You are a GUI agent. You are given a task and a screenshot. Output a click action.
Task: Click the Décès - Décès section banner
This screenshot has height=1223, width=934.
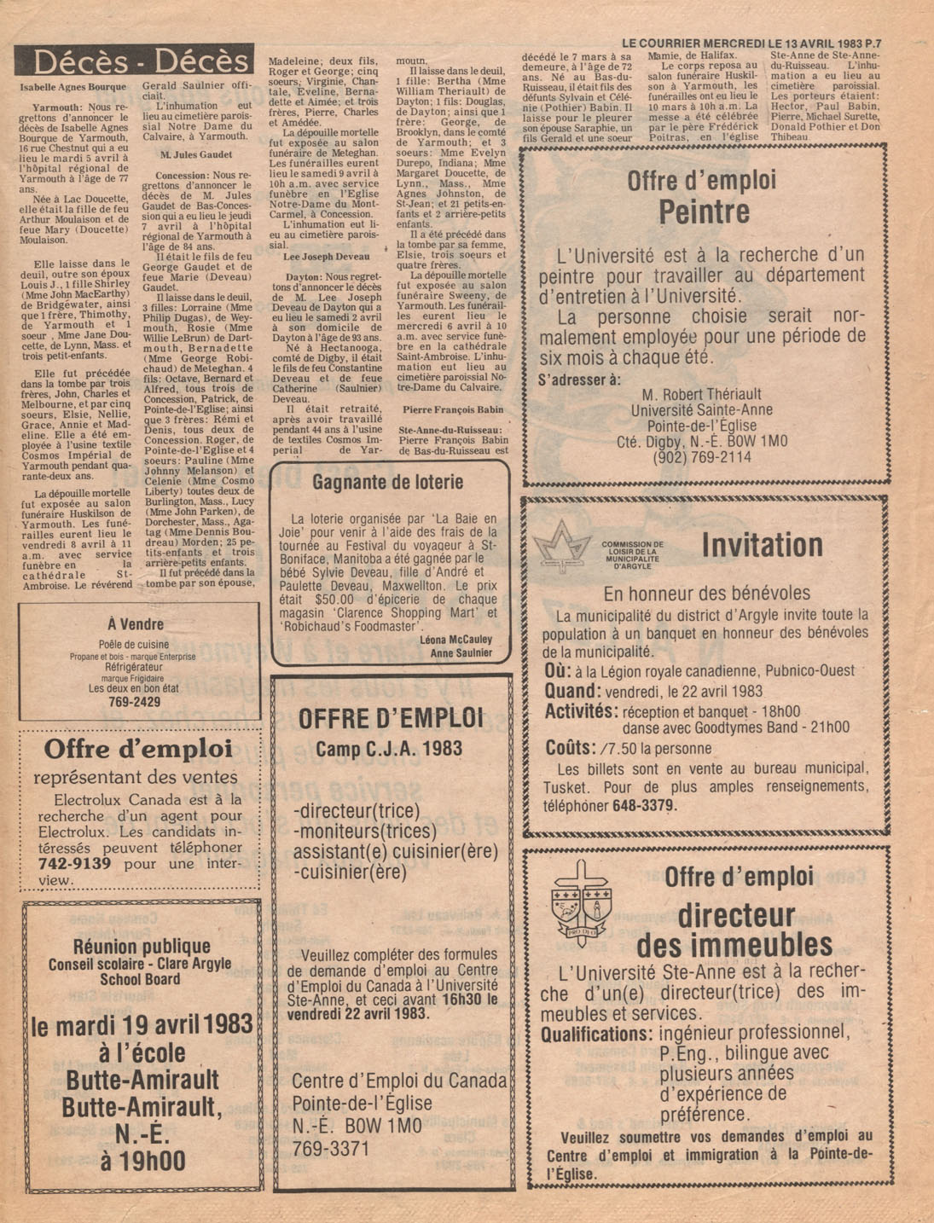[x=135, y=61]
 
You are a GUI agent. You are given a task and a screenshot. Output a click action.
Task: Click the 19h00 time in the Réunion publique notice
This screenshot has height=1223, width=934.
[x=142, y=1161]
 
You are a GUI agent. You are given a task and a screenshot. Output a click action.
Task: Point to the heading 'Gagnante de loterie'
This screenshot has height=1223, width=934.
[x=388, y=483]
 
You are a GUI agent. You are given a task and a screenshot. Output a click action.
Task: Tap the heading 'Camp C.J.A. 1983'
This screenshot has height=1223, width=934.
[x=389, y=749]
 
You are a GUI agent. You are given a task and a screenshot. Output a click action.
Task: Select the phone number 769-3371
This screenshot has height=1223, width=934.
[x=331, y=1148]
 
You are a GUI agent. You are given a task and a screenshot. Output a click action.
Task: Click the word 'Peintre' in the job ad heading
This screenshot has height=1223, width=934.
[x=704, y=212]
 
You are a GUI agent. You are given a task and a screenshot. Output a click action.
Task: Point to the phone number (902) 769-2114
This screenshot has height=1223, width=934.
[x=702, y=457]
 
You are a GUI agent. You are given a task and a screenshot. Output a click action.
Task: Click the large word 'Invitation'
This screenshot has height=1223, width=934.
[x=762, y=546]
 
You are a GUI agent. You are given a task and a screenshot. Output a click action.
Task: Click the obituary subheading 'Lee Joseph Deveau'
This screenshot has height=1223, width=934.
[x=326, y=257]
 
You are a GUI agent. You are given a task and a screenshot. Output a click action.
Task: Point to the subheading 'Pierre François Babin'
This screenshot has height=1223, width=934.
[x=453, y=409]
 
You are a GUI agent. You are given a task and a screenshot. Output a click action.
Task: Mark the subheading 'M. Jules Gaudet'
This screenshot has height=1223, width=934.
[x=197, y=155]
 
